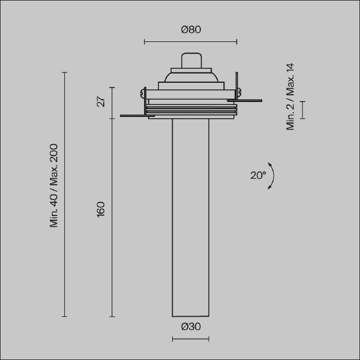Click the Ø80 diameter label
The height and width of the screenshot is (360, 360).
pyautogui.click(x=191, y=29)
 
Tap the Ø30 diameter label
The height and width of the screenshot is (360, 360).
pyautogui.click(x=191, y=326)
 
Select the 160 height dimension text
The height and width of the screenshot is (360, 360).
pyautogui.click(x=101, y=209)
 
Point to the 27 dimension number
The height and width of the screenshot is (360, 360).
pyautogui.click(x=101, y=102)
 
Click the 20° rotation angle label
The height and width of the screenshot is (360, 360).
pyautogui.click(x=258, y=175)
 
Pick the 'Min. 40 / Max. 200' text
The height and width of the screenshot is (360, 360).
pyautogui.click(x=54, y=185)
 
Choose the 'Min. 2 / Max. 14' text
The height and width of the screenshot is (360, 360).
pyautogui.click(x=290, y=97)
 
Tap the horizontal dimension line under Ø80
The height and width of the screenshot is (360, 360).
pyautogui.click(x=191, y=42)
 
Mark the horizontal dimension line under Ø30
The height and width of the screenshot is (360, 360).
pyautogui.click(x=191, y=339)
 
